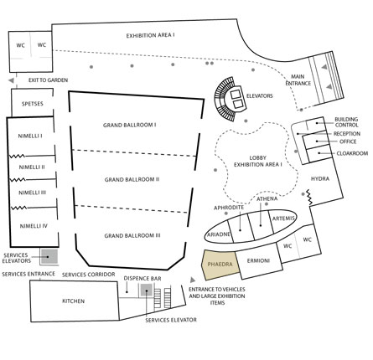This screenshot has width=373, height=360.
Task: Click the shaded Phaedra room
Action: pyautogui.click(x=220, y=265)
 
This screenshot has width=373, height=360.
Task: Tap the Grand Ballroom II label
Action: pyautogui.click(x=132, y=179)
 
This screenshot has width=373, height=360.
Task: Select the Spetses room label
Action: pyautogui.click(x=33, y=104)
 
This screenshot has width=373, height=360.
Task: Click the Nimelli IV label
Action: pyautogui.click(x=34, y=226)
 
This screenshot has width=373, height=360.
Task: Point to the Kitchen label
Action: pyautogui.click(x=73, y=301)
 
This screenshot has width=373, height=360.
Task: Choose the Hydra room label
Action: pyautogui.click(x=320, y=178)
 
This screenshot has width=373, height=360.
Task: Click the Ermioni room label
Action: pyautogui.click(x=258, y=261)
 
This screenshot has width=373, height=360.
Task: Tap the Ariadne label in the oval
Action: pyautogui.click(x=219, y=234)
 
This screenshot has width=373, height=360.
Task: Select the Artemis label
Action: pyautogui.click(x=283, y=219)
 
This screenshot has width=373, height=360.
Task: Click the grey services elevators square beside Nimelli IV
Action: pyautogui.click(x=49, y=256)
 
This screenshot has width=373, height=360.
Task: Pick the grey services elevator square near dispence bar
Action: pyautogui.click(x=146, y=290)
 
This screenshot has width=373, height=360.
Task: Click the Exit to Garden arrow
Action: pyautogui.click(x=11, y=80)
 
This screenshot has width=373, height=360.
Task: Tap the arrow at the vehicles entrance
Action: pyautogui.click(x=193, y=280)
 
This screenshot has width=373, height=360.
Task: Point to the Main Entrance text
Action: pyautogui.click(x=298, y=80)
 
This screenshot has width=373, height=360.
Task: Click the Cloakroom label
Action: pyautogui.click(x=352, y=153)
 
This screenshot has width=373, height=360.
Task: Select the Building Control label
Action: pyautogui.click(x=346, y=122)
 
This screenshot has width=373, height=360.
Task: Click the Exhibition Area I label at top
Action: pyautogui.click(x=150, y=36)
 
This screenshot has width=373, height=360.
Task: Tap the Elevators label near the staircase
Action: pyautogui.click(x=259, y=96)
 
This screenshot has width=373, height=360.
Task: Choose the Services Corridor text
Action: pyautogui.click(x=88, y=275)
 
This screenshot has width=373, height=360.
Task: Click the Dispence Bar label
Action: pyautogui.click(x=142, y=279)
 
